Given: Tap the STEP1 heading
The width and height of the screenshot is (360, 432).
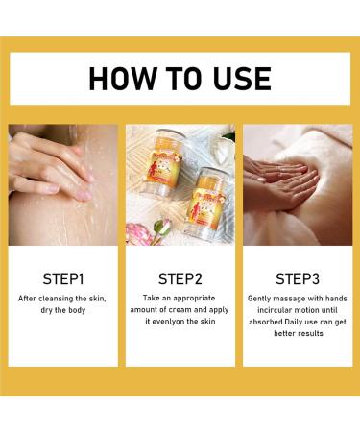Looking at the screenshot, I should tap(63, 279).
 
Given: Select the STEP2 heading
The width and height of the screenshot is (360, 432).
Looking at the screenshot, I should tap(180, 279).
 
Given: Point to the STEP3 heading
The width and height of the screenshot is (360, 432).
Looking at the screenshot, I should tap(297, 279).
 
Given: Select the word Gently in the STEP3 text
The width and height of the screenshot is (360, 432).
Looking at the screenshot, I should tap(262, 299).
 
